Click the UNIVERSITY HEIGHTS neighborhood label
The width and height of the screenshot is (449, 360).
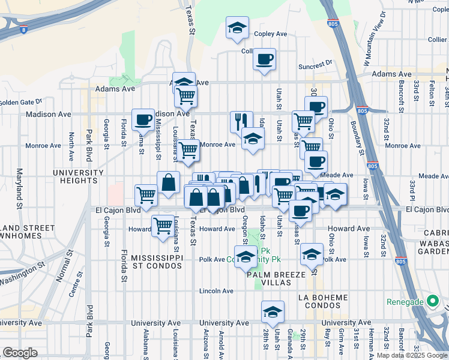[78, 177]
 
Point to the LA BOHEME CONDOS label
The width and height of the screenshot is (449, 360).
[323, 302]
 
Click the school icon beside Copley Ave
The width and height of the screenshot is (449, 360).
[237, 28]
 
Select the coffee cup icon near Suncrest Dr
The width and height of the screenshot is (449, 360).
[264, 59]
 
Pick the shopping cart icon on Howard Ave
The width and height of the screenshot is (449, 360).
[163, 226]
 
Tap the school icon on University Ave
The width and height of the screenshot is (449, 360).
[273, 312]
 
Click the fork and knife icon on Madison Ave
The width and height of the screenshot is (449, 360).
[241, 122]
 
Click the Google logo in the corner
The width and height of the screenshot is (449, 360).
[20, 353]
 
